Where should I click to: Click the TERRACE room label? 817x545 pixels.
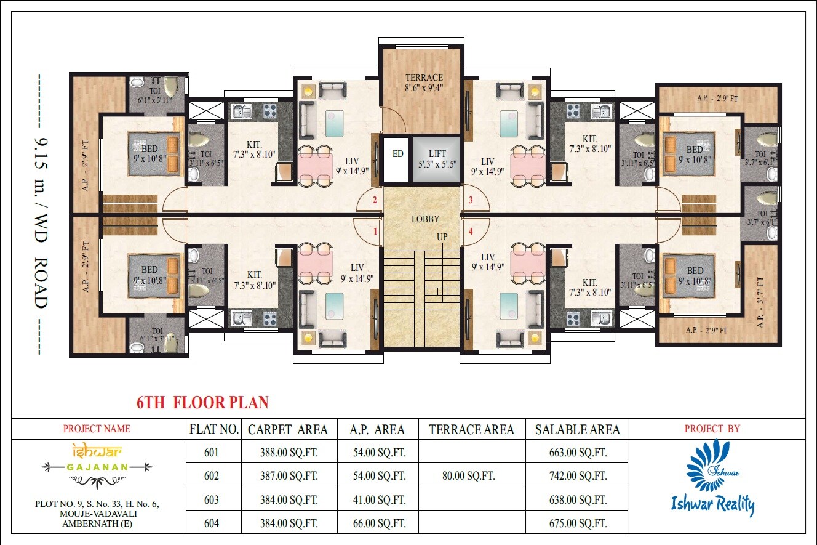click(x=424, y=78)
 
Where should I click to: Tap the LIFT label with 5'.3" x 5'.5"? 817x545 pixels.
click(x=437, y=153)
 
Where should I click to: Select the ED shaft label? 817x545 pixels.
click(x=398, y=154)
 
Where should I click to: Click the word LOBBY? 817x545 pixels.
click(x=424, y=219)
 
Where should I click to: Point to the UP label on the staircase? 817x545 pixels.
click(x=442, y=237)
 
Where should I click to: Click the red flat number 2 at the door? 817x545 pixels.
click(x=375, y=200)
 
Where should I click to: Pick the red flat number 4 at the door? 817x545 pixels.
click(x=471, y=232)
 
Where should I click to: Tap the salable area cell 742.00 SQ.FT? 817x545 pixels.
click(x=578, y=476)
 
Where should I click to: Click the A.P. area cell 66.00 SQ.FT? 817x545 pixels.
click(x=378, y=523)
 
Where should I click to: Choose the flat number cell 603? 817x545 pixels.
click(x=212, y=500)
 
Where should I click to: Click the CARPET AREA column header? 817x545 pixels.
click(x=287, y=429)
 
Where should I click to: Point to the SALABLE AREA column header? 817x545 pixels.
click(x=577, y=429)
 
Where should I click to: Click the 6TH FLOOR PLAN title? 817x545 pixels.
click(x=202, y=403)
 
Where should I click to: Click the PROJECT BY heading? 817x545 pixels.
click(x=712, y=429)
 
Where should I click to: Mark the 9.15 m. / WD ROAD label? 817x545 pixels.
click(x=40, y=214)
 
